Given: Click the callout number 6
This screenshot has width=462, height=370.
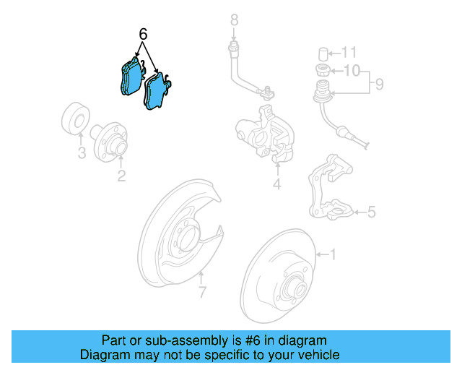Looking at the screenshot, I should click(x=143, y=33).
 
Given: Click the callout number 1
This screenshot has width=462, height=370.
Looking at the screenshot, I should click(x=333, y=254).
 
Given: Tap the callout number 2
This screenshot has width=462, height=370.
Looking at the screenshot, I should click(x=121, y=175).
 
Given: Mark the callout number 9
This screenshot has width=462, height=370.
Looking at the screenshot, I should click(x=378, y=85).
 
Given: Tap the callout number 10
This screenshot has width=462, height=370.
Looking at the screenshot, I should click(x=351, y=71).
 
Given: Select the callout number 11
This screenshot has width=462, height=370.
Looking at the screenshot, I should click(x=350, y=52).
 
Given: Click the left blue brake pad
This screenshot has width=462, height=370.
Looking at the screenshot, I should click(x=130, y=77).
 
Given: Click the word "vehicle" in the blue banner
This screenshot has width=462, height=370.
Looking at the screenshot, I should click(x=313, y=355).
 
